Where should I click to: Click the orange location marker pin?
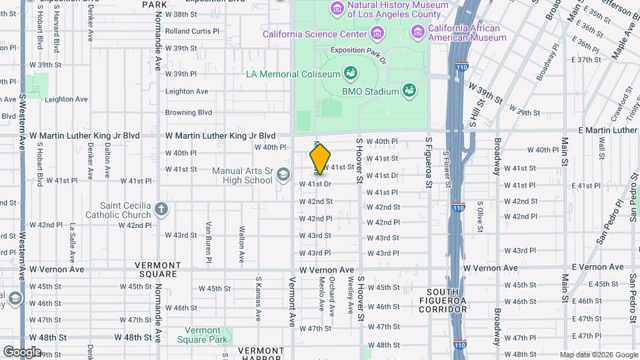pos(320,159)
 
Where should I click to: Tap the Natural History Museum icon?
pos(338,8)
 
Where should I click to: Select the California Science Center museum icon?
pos(378,33)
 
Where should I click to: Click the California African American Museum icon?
pos(417,31)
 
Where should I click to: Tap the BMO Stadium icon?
pos(409,91)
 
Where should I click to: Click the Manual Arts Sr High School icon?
pos(283,175)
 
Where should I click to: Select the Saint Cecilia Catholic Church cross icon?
pos(161,209)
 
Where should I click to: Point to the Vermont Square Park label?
pos(198,335)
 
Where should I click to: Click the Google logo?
pos(22,351)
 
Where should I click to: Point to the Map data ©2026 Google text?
pos(598,355)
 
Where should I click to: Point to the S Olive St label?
pos(478,214)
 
